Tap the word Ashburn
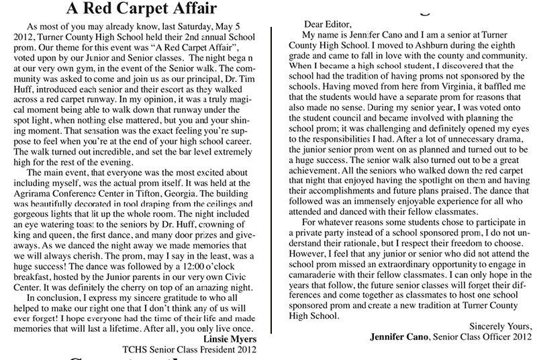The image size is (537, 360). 438,45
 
